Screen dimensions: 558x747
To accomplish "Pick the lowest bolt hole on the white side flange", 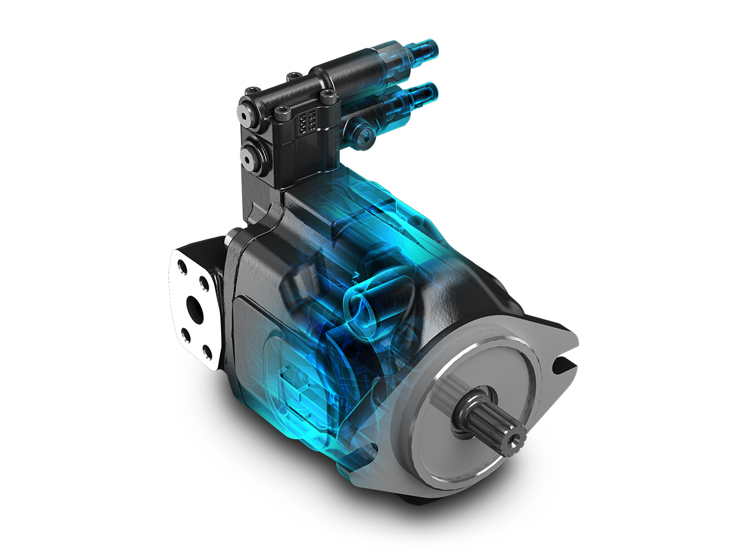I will pos(207,355).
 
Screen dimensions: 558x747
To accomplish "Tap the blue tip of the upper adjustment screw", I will pos(428,47).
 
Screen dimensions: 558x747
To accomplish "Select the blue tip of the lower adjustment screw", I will pos(429,91).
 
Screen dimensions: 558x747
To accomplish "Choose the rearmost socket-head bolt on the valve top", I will pos(290,77).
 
